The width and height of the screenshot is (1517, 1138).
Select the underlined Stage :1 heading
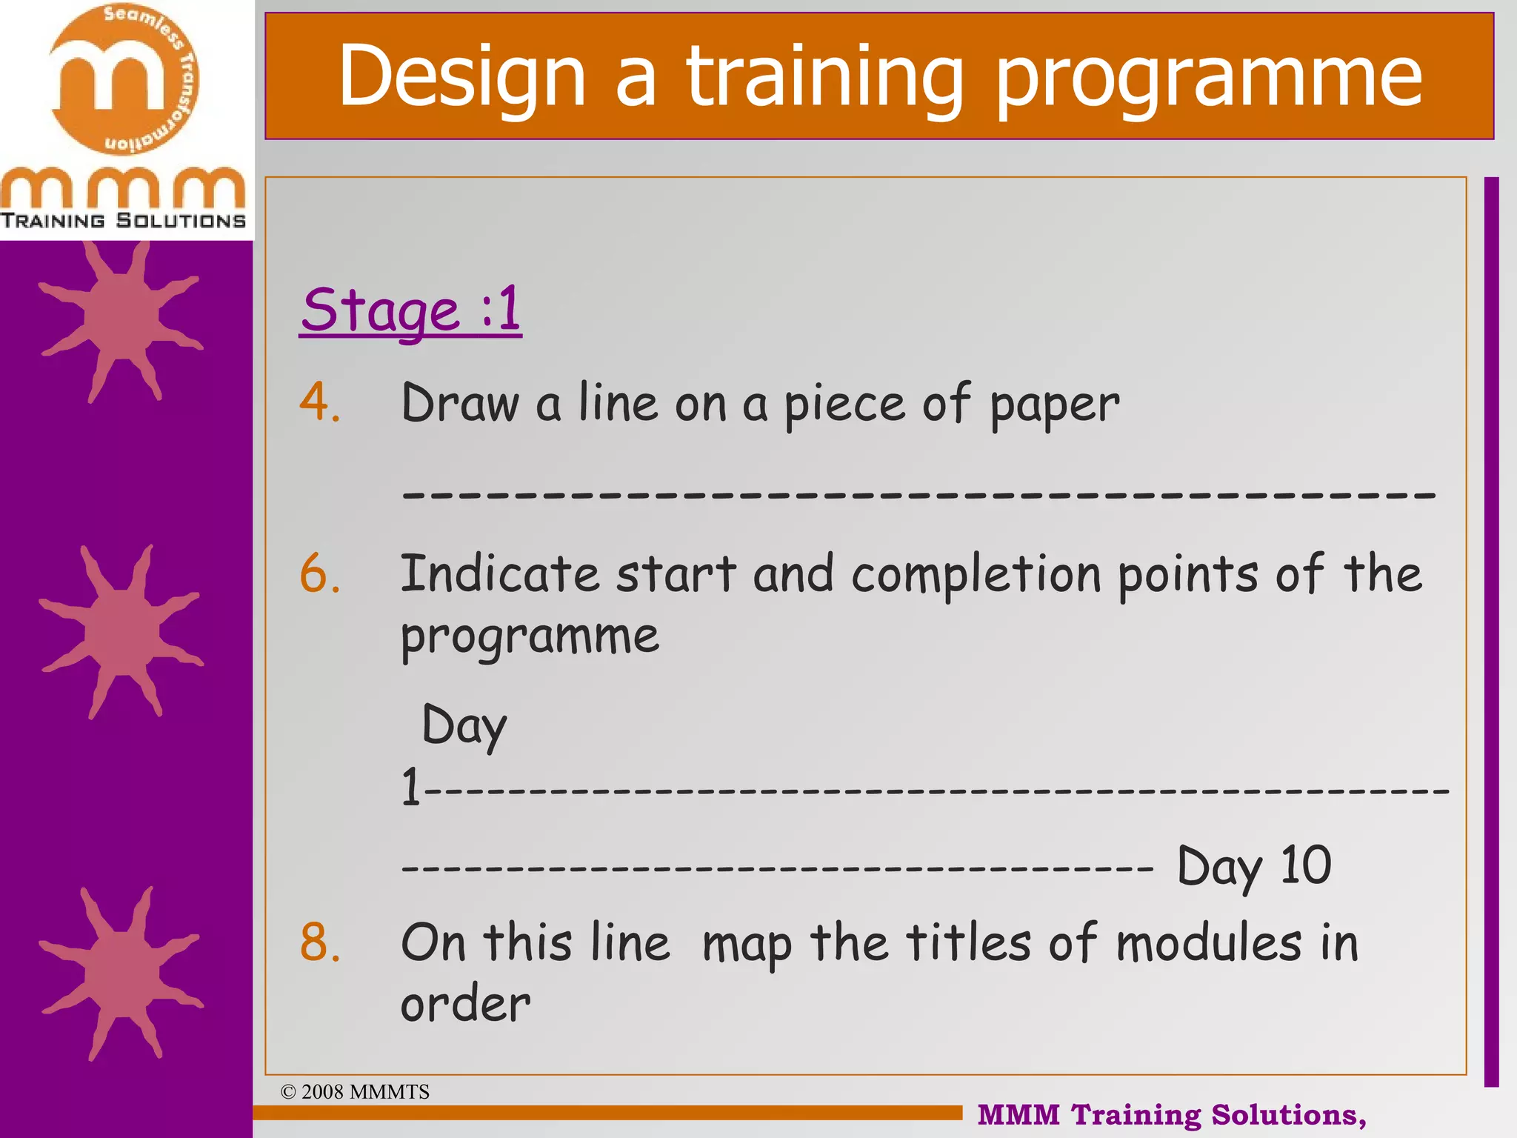[x=411, y=310]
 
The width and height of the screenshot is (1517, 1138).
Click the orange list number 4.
[x=320, y=403]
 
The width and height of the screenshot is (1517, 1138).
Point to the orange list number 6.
[x=320, y=574]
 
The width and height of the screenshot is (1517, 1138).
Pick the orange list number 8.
[x=320, y=943]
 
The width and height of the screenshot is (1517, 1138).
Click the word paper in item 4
[x=1054, y=406]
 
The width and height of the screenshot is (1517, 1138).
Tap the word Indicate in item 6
[x=499, y=574]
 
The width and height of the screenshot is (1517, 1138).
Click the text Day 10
[x=1254, y=866]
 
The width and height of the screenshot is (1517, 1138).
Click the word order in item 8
[x=465, y=1005]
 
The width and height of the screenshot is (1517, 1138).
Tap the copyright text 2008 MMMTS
[x=356, y=1092]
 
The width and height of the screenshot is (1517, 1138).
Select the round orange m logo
[x=124, y=79]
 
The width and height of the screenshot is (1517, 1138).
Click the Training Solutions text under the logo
[x=123, y=221]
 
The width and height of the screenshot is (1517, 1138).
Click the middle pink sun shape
[x=120, y=632]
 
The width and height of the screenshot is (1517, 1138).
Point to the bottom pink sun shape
[x=120, y=973]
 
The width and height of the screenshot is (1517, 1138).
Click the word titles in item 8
[x=969, y=943]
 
